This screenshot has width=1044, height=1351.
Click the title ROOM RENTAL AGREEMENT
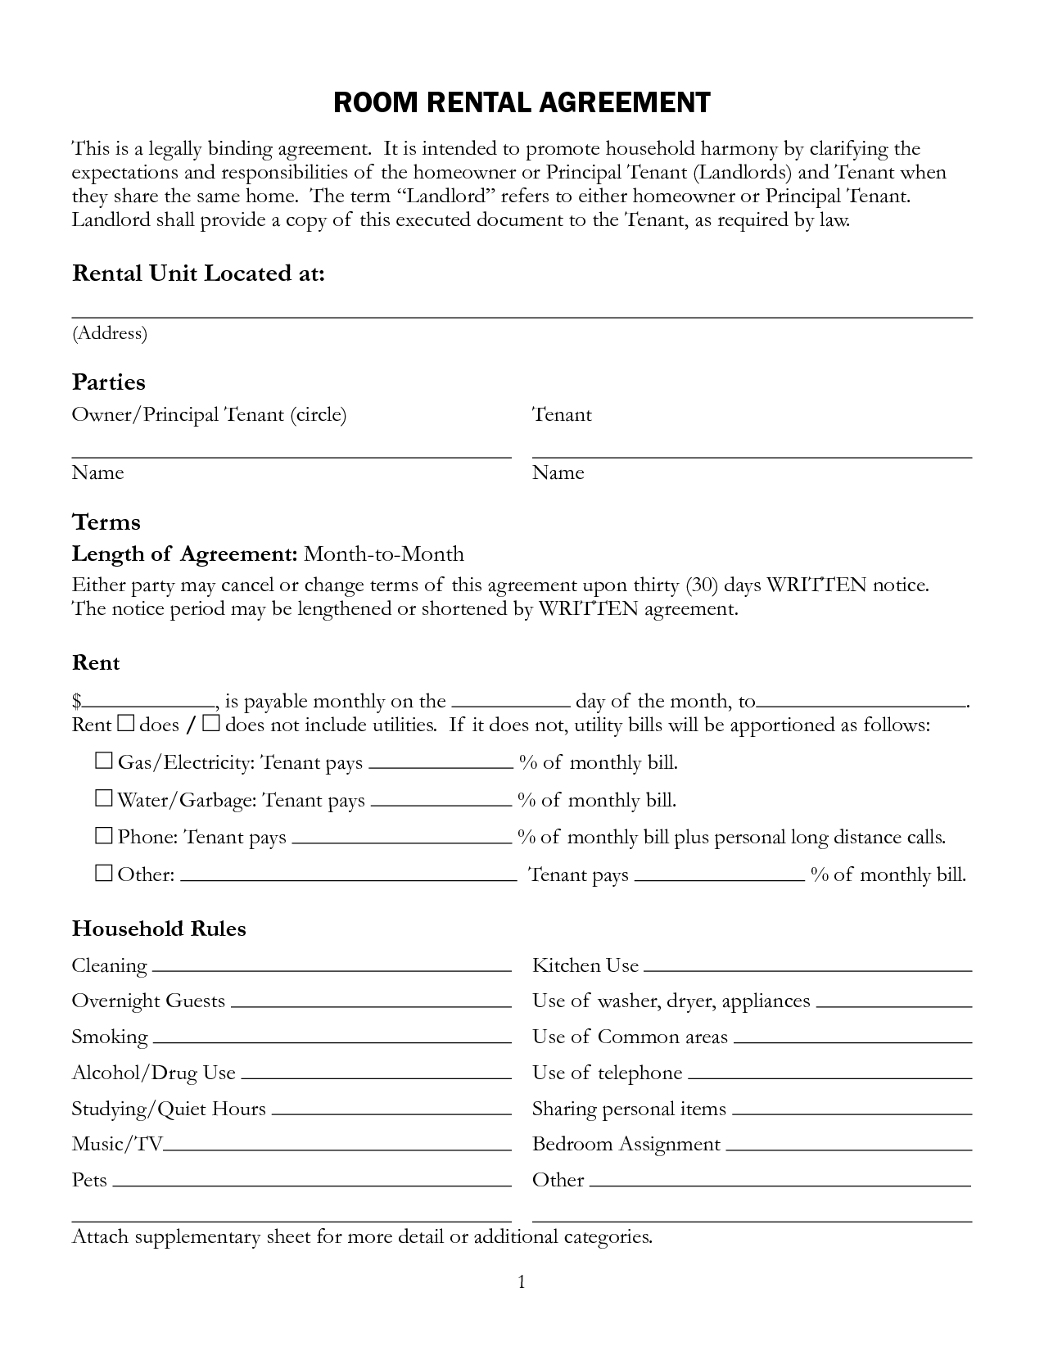pyautogui.click(x=522, y=102)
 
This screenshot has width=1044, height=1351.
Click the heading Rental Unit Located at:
pyautogui.click(x=198, y=273)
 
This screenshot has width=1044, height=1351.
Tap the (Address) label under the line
pyautogui.click(x=110, y=333)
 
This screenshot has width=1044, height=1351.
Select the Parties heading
pyautogui.click(x=108, y=382)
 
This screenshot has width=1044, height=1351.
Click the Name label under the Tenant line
pyautogui.click(x=558, y=472)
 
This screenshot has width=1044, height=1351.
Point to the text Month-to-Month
pyautogui.click(x=383, y=554)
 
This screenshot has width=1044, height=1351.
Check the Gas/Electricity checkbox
pyautogui.click(x=103, y=761)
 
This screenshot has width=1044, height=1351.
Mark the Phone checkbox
pyautogui.click(x=103, y=836)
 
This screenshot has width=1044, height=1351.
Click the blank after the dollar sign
pyautogui.click(x=148, y=703)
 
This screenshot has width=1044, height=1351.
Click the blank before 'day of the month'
pyautogui.click(x=510, y=703)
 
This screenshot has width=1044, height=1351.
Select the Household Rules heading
pyautogui.click(x=159, y=929)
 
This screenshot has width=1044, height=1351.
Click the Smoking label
pyautogui.click(x=110, y=1037)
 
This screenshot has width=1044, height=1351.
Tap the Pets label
pyautogui.click(x=89, y=1180)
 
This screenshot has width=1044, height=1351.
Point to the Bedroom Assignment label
pyautogui.click(x=626, y=1144)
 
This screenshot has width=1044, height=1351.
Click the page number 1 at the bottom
pyautogui.click(x=522, y=1282)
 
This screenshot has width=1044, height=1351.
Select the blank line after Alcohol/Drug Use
pyautogui.click(x=376, y=1075)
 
